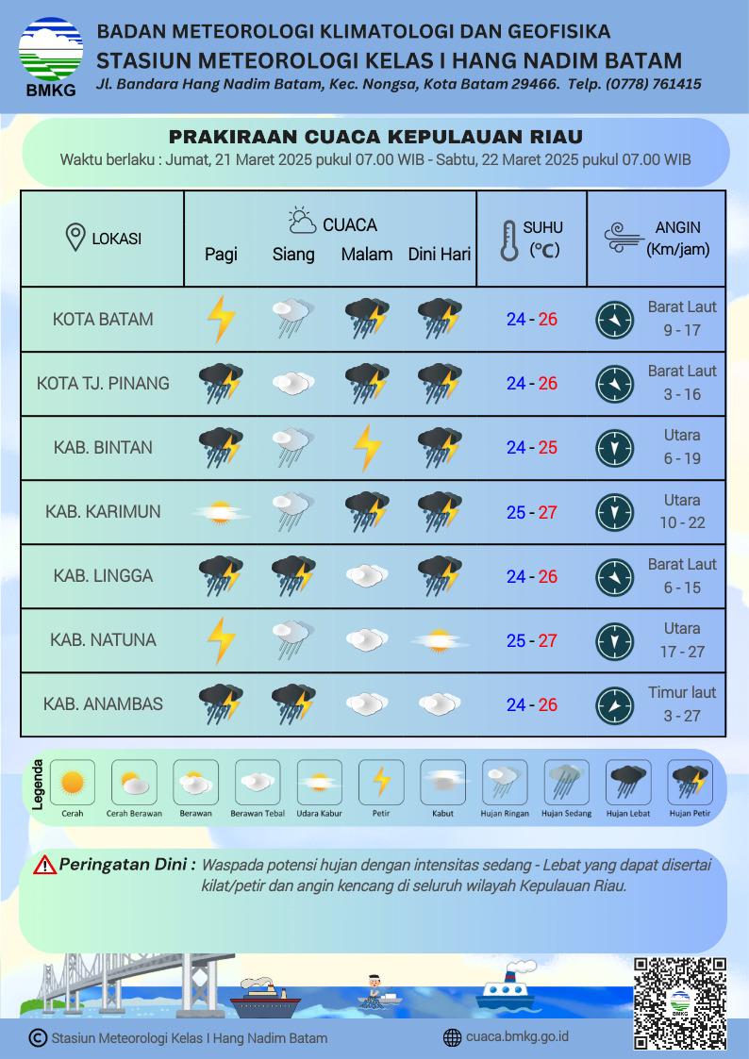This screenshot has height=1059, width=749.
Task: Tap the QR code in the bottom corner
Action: [x=679, y=1002]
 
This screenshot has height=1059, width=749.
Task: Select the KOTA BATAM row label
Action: [x=103, y=319]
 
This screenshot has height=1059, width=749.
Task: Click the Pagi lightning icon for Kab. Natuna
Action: [x=222, y=640]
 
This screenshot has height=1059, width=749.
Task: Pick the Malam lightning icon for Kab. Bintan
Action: [x=367, y=448]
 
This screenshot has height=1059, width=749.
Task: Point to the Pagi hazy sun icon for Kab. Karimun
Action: [x=222, y=512]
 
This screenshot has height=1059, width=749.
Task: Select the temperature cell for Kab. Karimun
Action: [x=532, y=512]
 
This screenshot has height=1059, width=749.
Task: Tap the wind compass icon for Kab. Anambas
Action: [x=614, y=704]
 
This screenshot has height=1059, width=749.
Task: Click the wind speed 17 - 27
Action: [x=682, y=652]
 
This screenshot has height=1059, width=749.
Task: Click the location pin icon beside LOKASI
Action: [x=75, y=239]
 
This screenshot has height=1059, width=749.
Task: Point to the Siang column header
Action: [x=293, y=255]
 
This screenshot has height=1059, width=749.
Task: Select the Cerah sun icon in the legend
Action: [x=72, y=783]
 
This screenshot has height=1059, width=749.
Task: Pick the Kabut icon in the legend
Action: [x=442, y=783]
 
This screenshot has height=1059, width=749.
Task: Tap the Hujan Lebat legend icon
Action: [x=627, y=783]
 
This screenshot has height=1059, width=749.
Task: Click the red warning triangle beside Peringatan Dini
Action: [x=44, y=865]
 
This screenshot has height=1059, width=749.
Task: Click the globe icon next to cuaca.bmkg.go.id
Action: [x=452, y=1037]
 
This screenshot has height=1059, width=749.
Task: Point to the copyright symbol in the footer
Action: [x=38, y=1038]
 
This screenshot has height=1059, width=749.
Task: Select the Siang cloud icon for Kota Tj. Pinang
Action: [x=293, y=383]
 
